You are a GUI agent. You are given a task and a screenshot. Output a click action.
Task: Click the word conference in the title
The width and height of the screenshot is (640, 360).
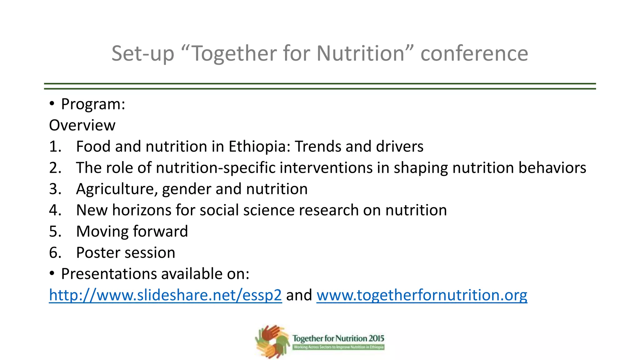pos(474,53)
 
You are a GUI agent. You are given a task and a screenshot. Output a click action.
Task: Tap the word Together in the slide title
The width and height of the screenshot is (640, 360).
pos(234,53)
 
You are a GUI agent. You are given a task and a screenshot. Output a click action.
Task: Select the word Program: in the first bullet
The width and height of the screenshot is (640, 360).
pos(93,104)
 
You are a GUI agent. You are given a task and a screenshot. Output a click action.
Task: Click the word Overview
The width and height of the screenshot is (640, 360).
pos(82,125)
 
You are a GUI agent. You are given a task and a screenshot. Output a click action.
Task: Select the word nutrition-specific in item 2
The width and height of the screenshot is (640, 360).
pos(215,168)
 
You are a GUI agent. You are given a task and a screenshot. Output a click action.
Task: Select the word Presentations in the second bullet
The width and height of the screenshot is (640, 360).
pos(109,274)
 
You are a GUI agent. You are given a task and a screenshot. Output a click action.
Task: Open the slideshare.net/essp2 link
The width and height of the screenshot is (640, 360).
pos(165,295)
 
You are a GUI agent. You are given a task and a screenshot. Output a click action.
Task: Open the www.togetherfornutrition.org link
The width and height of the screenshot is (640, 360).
pos(422,295)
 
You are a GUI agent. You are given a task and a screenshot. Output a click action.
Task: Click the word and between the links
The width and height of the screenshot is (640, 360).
pos(299,295)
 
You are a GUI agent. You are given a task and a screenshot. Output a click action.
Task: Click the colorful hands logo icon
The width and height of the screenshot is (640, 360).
pos(272,341)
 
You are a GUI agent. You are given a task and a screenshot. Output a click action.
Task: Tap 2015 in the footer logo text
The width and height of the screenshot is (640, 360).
pos(376,338)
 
